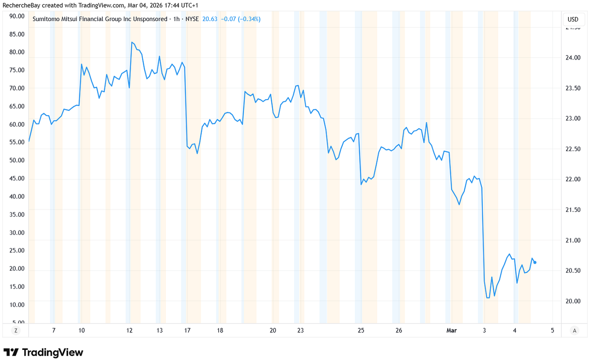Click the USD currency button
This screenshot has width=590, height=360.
point(573,19)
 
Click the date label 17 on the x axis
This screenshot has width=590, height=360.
point(187,331)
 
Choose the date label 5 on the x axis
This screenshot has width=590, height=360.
point(553,331)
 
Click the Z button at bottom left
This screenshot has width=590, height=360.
point(16,330)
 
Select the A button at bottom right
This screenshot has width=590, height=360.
point(574,330)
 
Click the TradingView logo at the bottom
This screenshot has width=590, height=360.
point(43,352)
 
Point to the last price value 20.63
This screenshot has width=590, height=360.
point(210,19)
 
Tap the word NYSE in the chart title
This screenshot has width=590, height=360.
point(192,19)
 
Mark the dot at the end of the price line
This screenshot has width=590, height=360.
point(535,263)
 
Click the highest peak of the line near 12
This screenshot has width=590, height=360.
point(131,42)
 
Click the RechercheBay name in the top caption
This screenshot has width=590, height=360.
point(22,4)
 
